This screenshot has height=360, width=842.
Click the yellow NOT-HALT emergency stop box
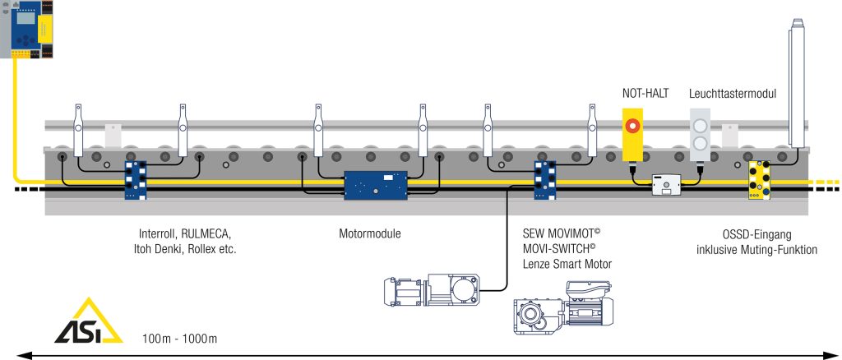tap(632, 136)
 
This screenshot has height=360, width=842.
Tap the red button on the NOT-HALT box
tap(632, 126)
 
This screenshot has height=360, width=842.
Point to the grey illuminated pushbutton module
tap(700, 136)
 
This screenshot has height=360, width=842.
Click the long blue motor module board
tap(375, 184)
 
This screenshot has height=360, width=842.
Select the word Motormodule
tap(370, 233)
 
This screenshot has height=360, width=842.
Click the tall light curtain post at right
tap(796, 82)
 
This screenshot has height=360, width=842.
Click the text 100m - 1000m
tap(179, 338)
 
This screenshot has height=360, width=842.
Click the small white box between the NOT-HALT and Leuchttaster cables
tap(665, 185)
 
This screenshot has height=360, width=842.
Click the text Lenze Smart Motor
tap(568, 263)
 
